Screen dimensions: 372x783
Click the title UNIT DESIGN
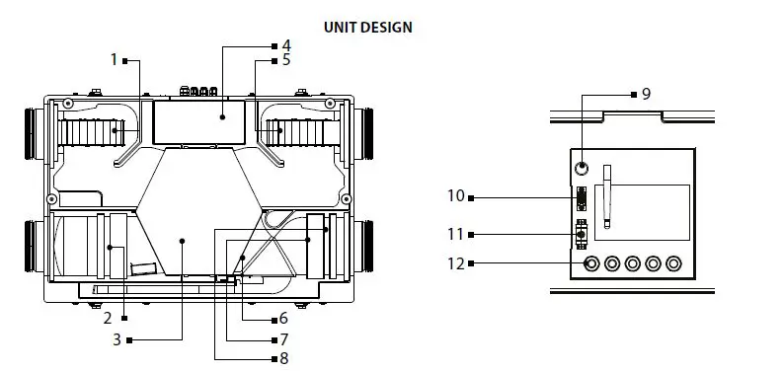pyautogui.click(x=367, y=28)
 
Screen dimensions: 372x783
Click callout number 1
pyautogui.click(x=114, y=60)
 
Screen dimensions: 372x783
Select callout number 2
pyautogui.click(x=108, y=318)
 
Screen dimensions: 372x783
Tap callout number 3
pyautogui.click(x=117, y=339)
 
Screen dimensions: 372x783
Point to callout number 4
pyautogui.click(x=285, y=45)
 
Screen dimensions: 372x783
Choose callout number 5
pyautogui.click(x=285, y=60)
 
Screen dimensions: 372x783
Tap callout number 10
pyautogui.click(x=454, y=196)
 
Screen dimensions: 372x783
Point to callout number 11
pyautogui.click(x=454, y=234)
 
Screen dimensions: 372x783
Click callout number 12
pyautogui.click(x=454, y=262)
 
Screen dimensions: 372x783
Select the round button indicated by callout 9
pyautogui.click(x=584, y=168)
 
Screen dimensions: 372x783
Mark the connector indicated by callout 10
pyautogui.click(x=583, y=197)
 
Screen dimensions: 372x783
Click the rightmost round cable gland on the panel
pyautogui.click(x=673, y=263)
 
